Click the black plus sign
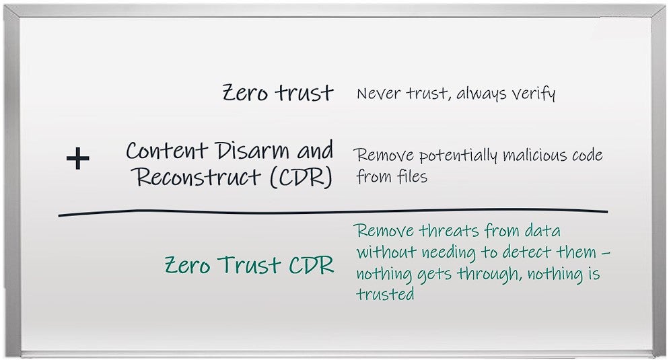pyautogui.click(x=77, y=159)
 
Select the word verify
pyautogui.click(x=533, y=94)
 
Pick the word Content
pyautogui.click(x=167, y=151)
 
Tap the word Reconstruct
pyautogui.click(x=198, y=177)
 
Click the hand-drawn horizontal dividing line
pyautogui.click(x=332, y=212)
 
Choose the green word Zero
pyautogui.click(x=187, y=265)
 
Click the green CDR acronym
pyautogui.click(x=312, y=265)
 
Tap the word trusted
pyautogui.click(x=385, y=294)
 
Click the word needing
pyautogui.click(x=448, y=252)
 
